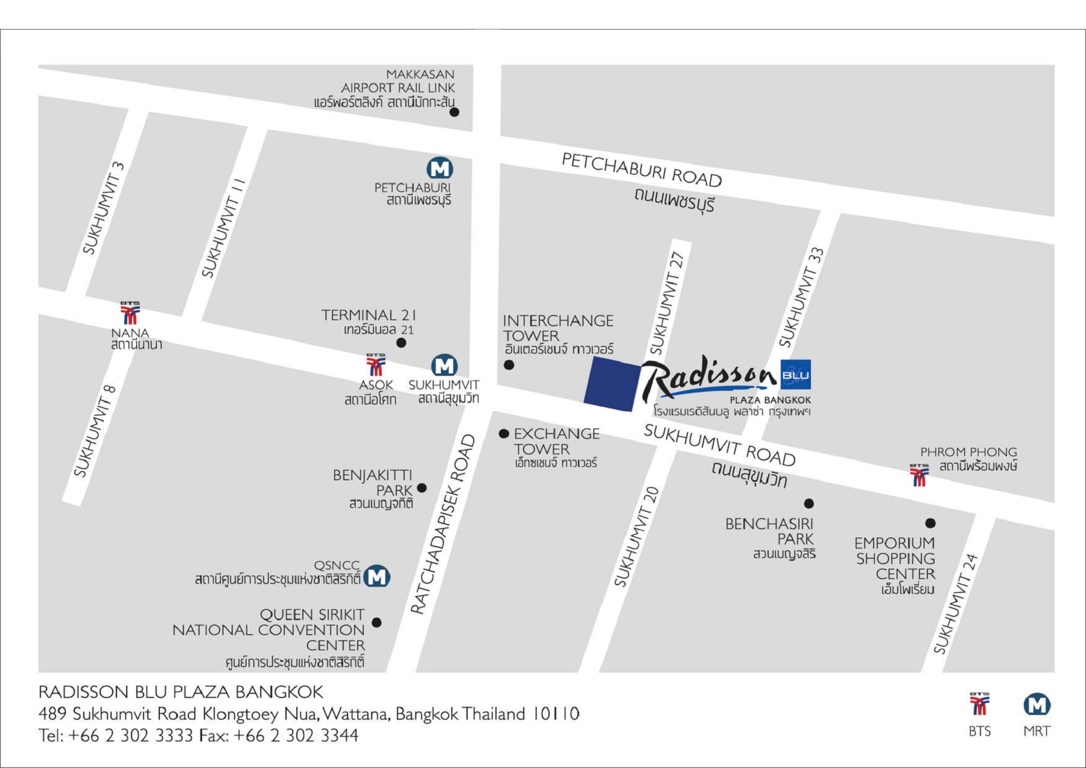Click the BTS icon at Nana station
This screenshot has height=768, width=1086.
click(x=130, y=314)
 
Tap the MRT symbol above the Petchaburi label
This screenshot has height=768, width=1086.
click(x=440, y=168)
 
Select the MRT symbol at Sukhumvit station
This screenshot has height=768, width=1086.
click(x=444, y=366)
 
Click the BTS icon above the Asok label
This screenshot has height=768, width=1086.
click(x=375, y=366)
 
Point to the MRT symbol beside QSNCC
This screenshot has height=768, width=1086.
click(x=378, y=576)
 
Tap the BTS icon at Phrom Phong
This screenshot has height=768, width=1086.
click(x=919, y=475)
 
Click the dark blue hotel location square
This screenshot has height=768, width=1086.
click(x=611, y=384)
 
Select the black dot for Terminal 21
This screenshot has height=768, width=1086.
click(x=401, y=343)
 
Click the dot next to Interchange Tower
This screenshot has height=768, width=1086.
click(x=509, y=365)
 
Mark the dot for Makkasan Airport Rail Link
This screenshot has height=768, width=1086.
click(x=454, y=112)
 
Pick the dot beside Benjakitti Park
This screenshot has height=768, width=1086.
click(x=422, y=488)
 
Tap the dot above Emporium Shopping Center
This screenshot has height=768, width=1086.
click(x=930, y=523)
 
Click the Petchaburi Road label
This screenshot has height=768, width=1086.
click(x=641, y=170)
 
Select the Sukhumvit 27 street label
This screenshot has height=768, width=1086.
click(x=667, y=303)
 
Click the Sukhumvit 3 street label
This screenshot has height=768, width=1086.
click(x=103, y=208)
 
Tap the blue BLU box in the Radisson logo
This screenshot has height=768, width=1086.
click(x=795, y=375)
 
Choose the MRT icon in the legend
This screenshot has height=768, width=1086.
click(x=1037, y=705)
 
